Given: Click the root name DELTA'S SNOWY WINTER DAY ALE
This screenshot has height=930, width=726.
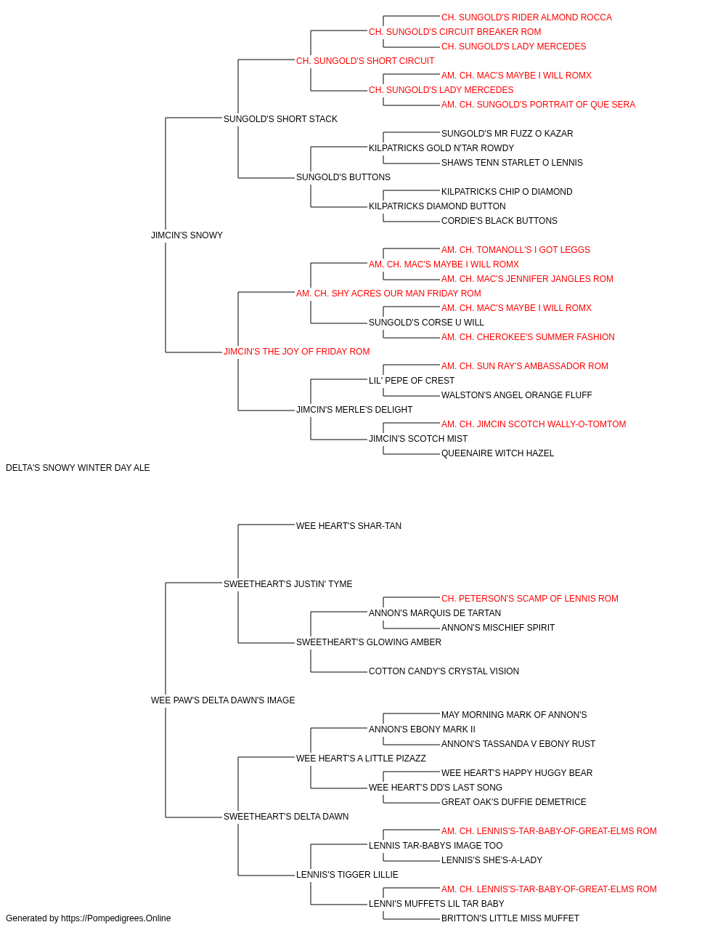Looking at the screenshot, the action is (x=78, y=468).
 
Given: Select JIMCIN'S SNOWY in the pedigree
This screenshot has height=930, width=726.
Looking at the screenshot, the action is (x=187, y=235).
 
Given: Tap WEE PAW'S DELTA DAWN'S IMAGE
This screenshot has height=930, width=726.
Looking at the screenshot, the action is (x=223, y=700).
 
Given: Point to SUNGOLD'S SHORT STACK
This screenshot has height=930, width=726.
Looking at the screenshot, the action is (x=280, y=119).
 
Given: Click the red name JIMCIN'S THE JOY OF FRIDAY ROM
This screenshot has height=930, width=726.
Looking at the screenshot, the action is (x=297, y=352).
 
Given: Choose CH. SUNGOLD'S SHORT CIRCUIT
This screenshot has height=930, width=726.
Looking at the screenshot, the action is (x=365, y=61).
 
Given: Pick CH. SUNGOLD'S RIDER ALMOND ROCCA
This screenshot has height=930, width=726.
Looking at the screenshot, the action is (x=526, y=17).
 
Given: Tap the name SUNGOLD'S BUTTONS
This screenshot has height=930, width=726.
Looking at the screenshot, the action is (x=343, y=177).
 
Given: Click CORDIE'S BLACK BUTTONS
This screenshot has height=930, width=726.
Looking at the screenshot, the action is (x=499, y=221).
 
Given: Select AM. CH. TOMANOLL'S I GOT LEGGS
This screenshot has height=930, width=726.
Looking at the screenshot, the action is (x=515, y=250).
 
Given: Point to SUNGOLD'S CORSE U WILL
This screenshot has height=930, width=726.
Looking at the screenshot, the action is (x=426, y=323).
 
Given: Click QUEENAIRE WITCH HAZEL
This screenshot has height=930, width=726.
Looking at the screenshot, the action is (x=498, y=453).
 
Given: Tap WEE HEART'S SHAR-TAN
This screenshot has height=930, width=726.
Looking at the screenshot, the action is (x=349, y=526).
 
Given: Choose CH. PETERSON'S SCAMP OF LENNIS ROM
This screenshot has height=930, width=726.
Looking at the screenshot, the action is (x=530, y=598).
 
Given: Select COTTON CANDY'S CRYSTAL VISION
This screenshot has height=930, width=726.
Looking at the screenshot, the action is (x=444, y=671).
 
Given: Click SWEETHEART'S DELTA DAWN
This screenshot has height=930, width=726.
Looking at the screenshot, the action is (x=286, y=817).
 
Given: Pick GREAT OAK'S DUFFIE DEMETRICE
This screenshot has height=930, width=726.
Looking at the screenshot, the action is (x=513, y=802).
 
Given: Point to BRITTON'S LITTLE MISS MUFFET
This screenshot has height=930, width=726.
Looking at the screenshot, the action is (x=510, y=918).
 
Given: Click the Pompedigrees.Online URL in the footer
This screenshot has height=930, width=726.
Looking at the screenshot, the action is (x=116, y=918).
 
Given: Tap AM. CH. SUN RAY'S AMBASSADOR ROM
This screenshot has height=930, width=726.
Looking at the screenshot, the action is (x=525, y=366).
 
